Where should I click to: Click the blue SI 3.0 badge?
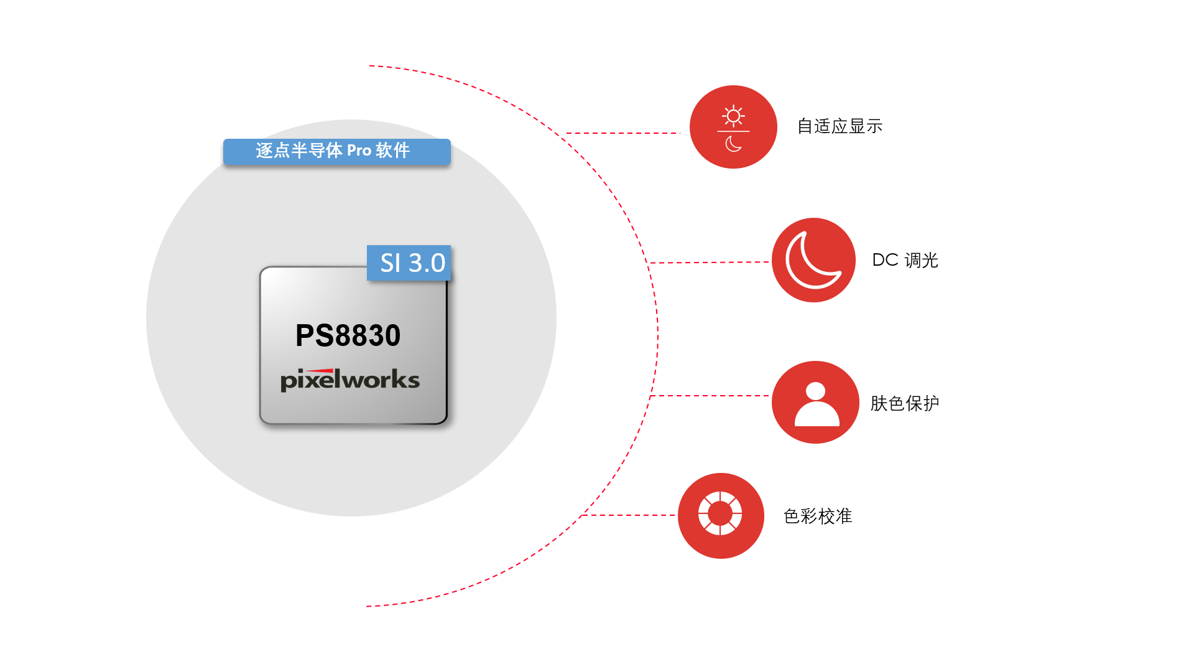409,263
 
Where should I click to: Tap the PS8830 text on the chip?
348,335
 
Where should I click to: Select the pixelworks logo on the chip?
350,380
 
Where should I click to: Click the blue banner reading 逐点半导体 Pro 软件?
337,152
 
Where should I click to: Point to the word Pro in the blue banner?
359,151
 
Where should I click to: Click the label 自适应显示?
840,126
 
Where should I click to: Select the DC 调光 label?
905,260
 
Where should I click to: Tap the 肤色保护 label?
905,403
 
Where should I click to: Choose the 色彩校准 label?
818,516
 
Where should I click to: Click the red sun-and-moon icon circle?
733,127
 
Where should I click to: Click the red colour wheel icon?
721,516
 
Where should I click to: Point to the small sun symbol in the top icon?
733,116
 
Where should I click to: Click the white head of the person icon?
815,391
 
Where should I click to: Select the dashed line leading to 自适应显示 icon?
623,133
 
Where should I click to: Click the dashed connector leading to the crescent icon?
709,263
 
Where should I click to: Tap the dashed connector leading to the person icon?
710,396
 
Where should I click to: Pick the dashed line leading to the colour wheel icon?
628,515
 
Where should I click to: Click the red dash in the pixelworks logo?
320,371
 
